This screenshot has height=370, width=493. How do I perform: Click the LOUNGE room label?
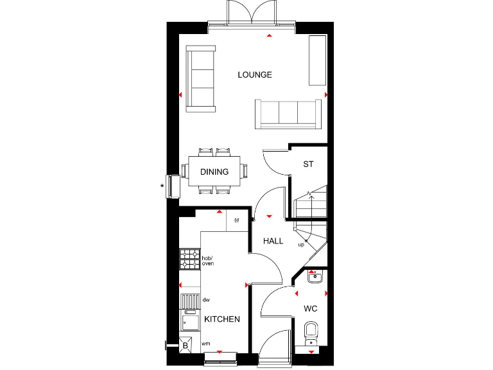[x=255, y=75]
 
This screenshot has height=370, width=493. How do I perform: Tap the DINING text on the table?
[x=214, y=172]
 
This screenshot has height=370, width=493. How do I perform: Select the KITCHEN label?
[x=222, y=319]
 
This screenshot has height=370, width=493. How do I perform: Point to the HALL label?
[x=273, y=241]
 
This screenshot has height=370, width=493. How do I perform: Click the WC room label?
[x=311, y=309]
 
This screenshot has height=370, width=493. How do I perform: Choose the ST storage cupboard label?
[x=308, y=164]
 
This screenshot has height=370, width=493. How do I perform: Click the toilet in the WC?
[x=311, y=334]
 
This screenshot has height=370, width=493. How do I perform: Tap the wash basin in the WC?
[x=314, y=277]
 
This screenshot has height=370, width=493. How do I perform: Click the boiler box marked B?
[x=186, y=346]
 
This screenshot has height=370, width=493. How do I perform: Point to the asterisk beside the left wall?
[x=162, y=187]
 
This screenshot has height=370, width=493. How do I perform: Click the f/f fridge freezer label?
[x=236, y=221]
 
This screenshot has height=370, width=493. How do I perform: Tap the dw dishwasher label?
[x=206, y=299]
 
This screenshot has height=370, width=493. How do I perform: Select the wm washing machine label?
[x=205, y=344]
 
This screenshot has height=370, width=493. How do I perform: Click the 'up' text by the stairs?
[x=300, y=245]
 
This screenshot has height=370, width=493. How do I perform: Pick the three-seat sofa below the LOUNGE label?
[x=288, y=114]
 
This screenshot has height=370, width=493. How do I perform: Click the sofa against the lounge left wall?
[x=200, y=76]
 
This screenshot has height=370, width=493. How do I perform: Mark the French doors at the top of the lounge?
[x=251, y=15]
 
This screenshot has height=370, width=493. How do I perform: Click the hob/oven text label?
[x=207, y=261]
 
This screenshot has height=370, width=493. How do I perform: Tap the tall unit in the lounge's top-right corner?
[x=318, y=60]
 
